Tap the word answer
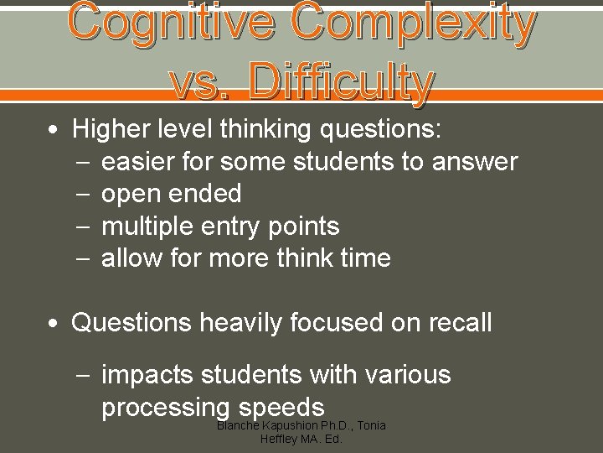475,161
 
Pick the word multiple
147,226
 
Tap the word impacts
147,374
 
